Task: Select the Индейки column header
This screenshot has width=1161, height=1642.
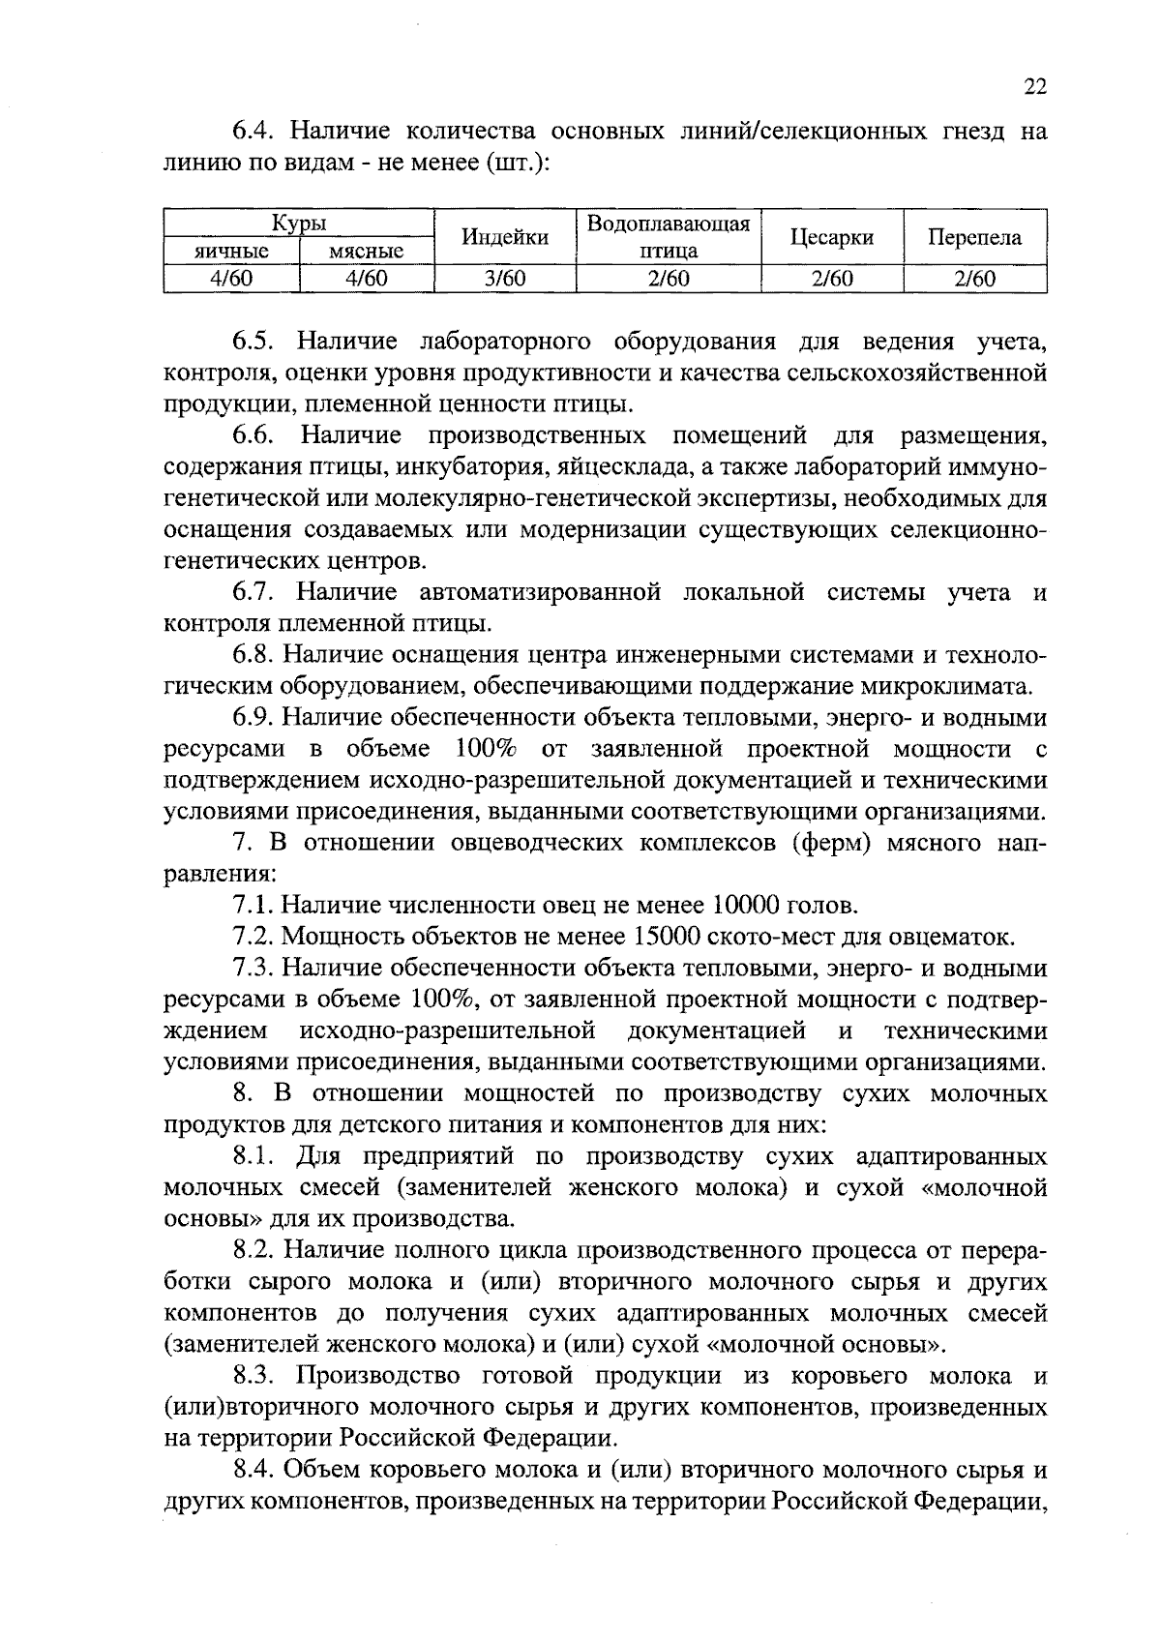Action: click(505, 238)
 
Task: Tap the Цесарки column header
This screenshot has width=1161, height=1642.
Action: click(832, 238)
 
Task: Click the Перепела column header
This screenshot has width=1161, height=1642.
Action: click(974, 238)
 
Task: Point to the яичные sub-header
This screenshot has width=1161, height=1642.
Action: click(232, 252)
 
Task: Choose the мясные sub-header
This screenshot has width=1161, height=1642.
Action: click(367, 252)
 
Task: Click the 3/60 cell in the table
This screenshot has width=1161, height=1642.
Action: click(505, 280)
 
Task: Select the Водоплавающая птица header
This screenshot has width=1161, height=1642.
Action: click(669, 238)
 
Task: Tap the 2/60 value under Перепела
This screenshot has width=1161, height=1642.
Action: click(974, 280)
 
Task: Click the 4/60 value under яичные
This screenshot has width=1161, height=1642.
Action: click(232, 280)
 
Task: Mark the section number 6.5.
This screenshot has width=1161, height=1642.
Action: click(254, 342)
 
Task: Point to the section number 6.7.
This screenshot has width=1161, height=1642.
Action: click(254, 591)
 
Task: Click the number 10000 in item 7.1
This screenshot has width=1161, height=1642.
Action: click(749, 906)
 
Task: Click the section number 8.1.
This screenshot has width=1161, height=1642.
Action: click(254, 1156)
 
